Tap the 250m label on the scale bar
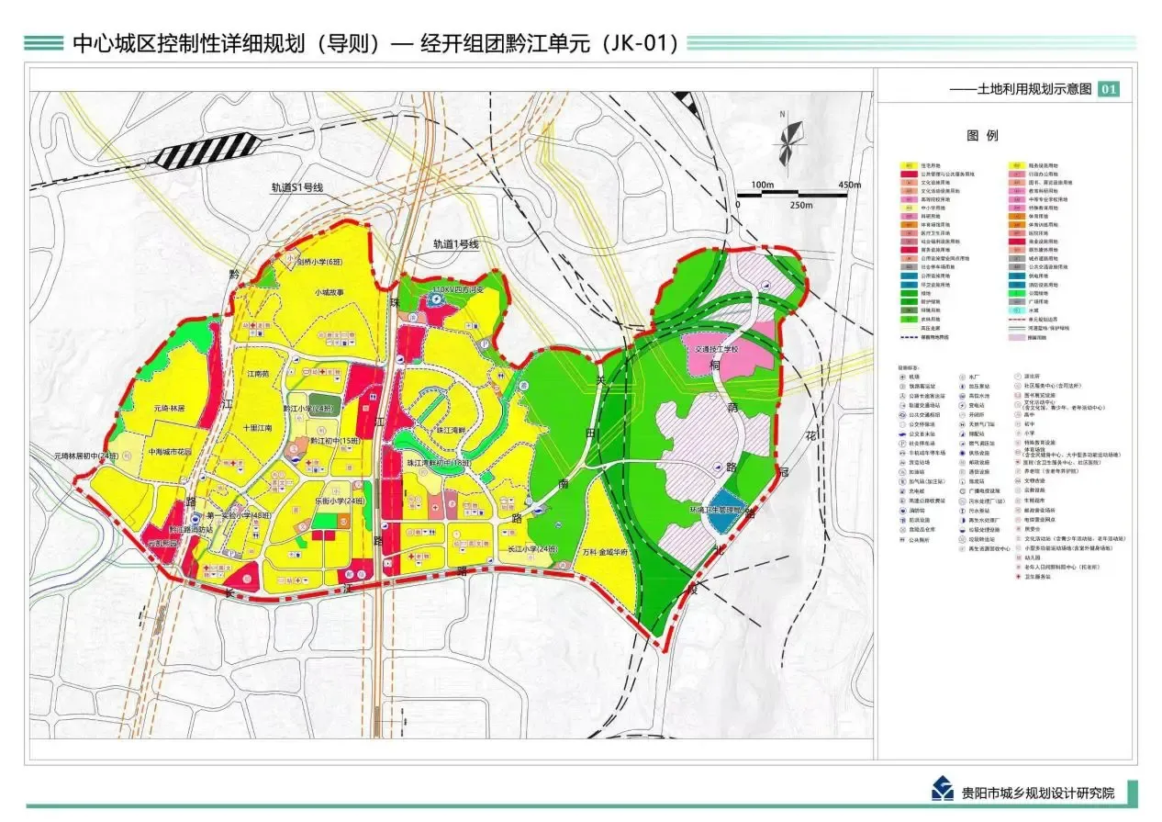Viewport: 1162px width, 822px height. pyautogui.click(x=800, y=205)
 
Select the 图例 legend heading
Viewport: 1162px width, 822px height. pyautogui.click(x=981, y=135)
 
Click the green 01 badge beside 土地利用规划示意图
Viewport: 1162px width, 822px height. pyautogui.click(x=1109, y=89)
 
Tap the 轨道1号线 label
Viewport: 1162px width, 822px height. pyautogui.click(x=456, y=245)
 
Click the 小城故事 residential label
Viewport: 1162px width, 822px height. pyautogui.click(x=328, y=293)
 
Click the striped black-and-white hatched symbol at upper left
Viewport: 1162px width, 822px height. pyautogui.click(x=206, y=150)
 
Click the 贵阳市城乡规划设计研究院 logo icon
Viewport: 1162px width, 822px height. pyautogui.click(x=941, y=790)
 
